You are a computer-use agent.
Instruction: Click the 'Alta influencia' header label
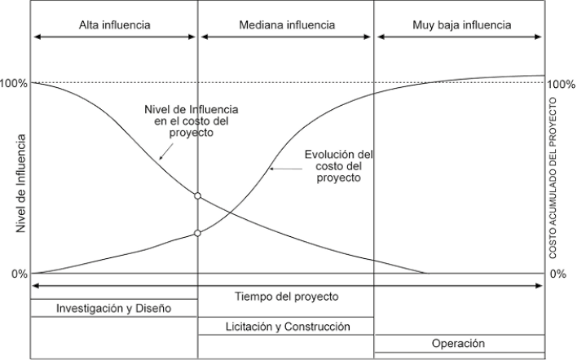click(x=114, y=25)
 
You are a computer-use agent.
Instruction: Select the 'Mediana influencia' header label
click(x=286, y=25)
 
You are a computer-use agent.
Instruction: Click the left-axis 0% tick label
click(x=19, y=274)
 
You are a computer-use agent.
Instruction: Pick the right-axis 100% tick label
click(x=563, y=84)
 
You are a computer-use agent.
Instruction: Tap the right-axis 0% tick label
click(x=558, y=274)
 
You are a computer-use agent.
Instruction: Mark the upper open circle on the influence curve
click(x=198, y=195)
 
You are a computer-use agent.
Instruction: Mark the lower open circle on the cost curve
click(x=198, y=234)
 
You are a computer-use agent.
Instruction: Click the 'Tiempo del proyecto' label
click(x=286, y=296)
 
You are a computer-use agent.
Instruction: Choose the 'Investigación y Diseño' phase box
click(x=114, y=309)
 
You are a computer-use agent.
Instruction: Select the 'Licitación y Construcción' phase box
click(x=286, y=327)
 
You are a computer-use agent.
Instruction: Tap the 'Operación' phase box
click(x=459, y=344)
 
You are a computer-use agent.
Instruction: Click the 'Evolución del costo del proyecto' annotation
click(x=338, y=165)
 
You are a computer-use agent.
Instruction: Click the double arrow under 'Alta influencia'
click(x=114, y=37)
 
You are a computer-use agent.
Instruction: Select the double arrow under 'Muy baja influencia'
click(x=459, y=37)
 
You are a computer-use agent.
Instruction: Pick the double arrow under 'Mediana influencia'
click(x=286, y=37)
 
